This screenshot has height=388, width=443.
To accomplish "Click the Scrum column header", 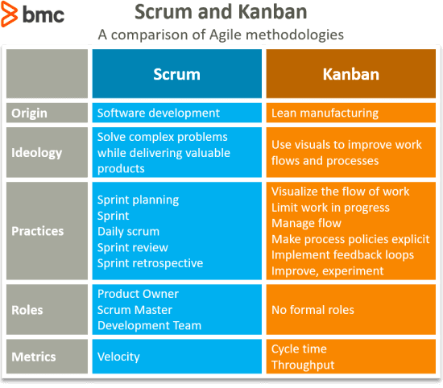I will tap(176, 74).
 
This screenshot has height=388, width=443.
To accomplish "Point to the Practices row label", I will tap(37, 231).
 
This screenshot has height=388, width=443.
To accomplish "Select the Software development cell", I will tap(158, 114).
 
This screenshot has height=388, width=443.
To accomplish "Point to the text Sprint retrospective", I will tap(151, 263).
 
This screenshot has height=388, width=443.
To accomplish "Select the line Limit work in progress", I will tap(330, 208).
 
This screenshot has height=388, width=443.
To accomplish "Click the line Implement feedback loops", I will tap(342, 255).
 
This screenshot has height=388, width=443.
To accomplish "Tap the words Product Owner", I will tap(138, 294).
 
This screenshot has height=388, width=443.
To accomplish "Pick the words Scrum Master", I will tap(134, 310).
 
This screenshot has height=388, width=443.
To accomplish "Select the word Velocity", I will tap(118, 356).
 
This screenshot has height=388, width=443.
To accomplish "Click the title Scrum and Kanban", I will tap(220, 14).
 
